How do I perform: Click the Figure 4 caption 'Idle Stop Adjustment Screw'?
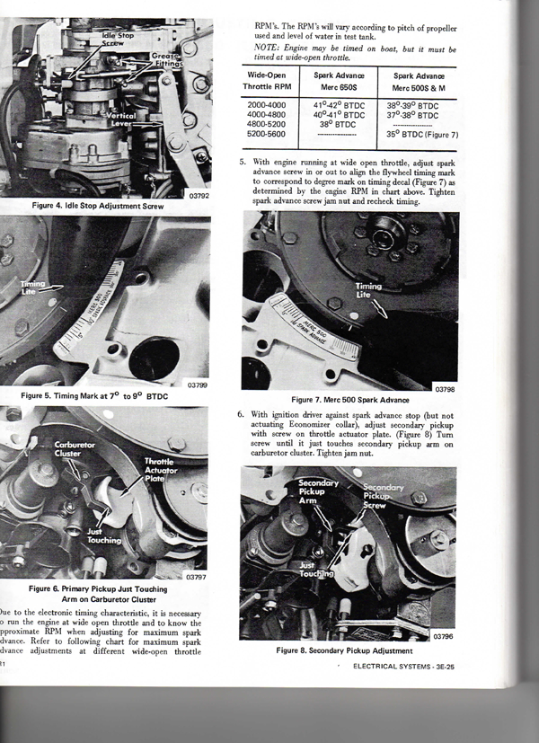108,206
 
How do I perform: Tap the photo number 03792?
199,192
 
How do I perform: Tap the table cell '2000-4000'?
268,105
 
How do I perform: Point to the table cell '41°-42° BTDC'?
339,105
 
